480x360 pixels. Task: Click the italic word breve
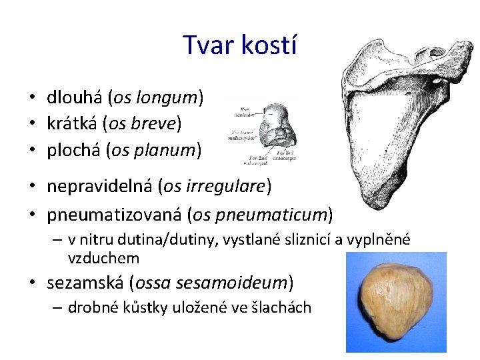[x=156, y=124]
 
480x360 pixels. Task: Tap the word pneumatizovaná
[x=114, y=214]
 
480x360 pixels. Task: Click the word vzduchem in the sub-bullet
[x=103, y=257]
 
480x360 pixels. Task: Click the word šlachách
[x=283, y=307]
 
